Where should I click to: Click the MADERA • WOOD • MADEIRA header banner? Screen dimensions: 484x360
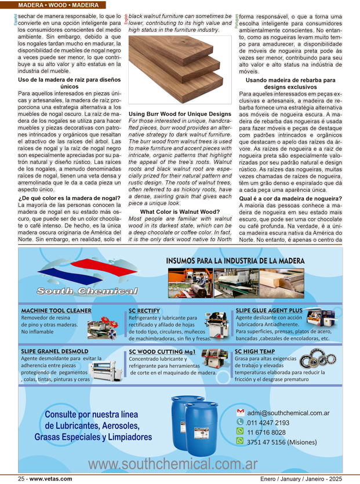tap(58, 5)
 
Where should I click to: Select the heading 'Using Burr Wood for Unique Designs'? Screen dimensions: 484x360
tap(180, 114)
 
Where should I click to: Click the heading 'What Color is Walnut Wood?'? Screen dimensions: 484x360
tap(180, 212)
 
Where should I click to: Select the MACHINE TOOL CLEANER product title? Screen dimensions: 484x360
tap(56, 311)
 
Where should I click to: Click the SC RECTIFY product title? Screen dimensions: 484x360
tap(144, 311)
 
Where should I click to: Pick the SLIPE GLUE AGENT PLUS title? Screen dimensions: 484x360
tap(269, 311)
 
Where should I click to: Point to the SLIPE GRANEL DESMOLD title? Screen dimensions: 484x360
tap(54, 351)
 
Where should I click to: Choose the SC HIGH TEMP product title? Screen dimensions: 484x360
tap(255, 351)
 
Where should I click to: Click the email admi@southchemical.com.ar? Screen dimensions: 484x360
tap(288, 413)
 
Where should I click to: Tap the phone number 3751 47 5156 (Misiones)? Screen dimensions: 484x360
tap(282, 441)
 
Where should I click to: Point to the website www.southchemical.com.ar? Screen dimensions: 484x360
tap(173, 465)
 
